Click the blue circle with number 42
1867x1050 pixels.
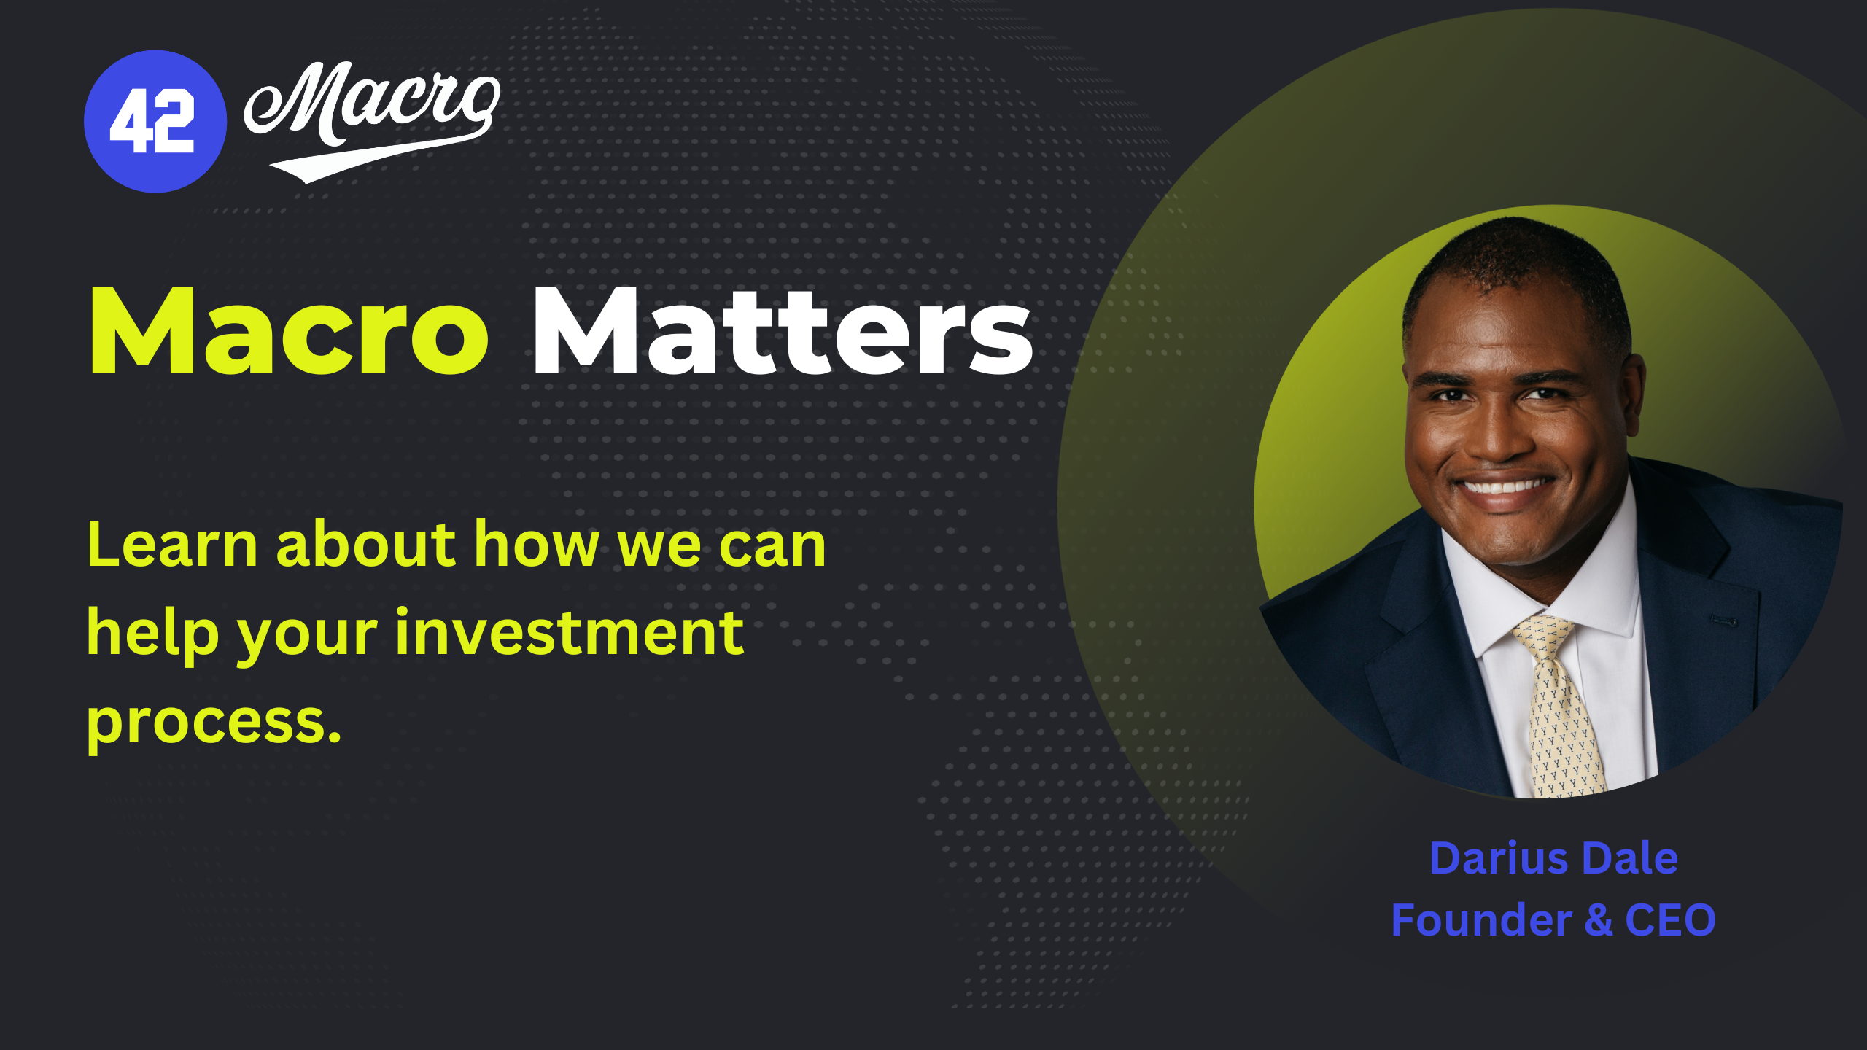click(x=155, y=121)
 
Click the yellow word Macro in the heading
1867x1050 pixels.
click(x=289, y=331)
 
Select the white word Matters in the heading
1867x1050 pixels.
click(x=783, y=331)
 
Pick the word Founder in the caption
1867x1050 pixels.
click(x=1481, y=919)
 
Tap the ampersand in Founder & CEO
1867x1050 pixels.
click(x=1598, y=920)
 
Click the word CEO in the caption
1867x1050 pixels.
click(x=1670, y=920)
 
